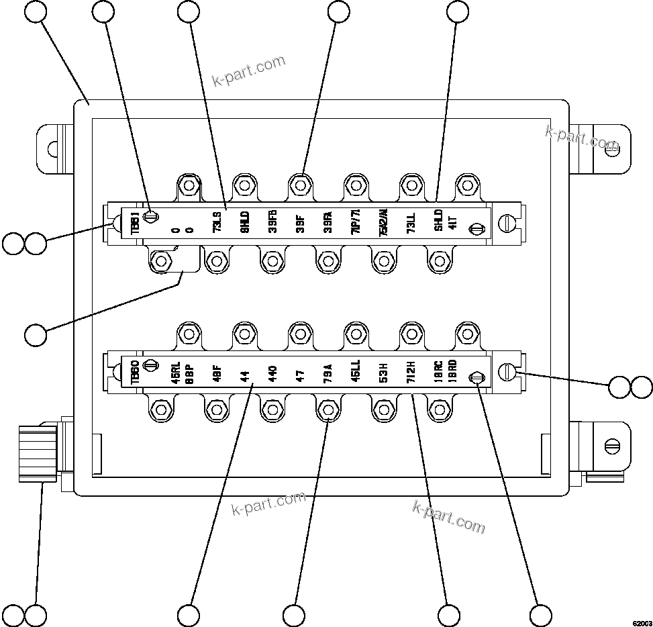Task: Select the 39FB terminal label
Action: point(272,222)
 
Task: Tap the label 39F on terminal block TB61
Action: point(300,223)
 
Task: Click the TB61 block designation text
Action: point(135,223)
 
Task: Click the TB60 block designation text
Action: point(135,372)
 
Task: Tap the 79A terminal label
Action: point(328,373)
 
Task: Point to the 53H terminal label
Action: point(383,372)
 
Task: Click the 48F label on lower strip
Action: point(217,373)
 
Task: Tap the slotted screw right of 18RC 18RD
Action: point(476,378)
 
